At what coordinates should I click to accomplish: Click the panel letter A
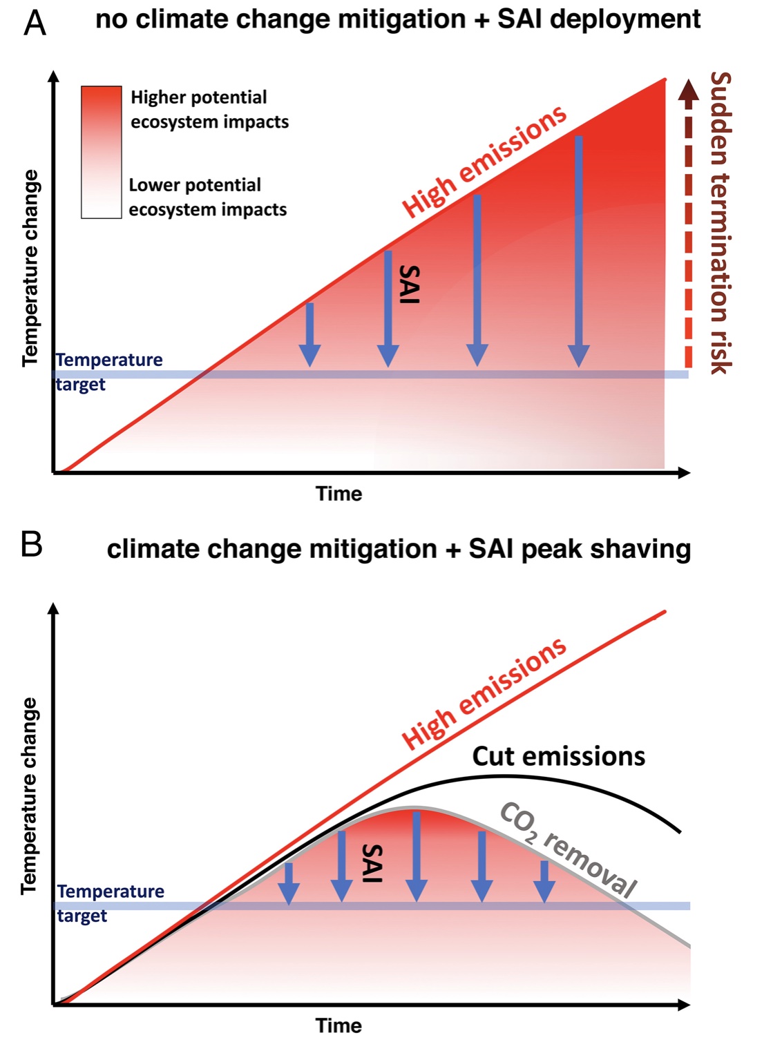click(x=35, y=23)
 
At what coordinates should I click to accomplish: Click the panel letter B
click(x=32, y=545)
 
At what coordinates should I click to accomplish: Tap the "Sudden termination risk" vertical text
click(x=720, y=222)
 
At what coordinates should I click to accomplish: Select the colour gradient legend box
click(x=102, y=153)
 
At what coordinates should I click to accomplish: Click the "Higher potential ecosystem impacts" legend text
click(x=209, y=109)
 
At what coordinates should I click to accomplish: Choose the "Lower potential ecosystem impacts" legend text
click(x=207, y=197)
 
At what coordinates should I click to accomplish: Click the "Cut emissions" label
click(x=558, y=757)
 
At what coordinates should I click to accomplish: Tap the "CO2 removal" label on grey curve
click(x=568, y=849)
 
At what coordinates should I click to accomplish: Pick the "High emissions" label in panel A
click(x=484, y=162)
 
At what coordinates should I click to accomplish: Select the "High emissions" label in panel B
click(x=484, y=693)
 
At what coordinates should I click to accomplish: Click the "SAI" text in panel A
click(x=410, y=284)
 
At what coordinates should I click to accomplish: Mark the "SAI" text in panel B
click(x=372, y=862)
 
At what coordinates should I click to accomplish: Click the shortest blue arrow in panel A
click(x=309, y=334)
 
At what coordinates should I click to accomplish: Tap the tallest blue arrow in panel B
click(x=416, y=856)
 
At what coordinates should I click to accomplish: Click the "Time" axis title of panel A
click(x=338, y=494)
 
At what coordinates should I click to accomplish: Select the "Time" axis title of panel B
click(x=338, y=1025)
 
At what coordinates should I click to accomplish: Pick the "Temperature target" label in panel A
click(x=108, y=372)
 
